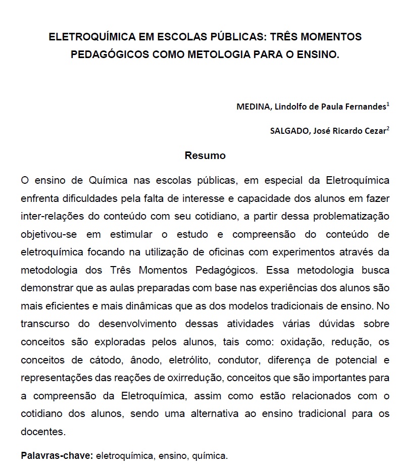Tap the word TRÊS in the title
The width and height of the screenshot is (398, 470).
[x=284, y=37]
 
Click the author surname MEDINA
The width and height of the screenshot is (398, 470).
[x=254, y=107]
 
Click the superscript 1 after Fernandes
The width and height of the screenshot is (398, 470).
[x=387, y=104]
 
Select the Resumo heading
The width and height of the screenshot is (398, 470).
[x=205, y=155]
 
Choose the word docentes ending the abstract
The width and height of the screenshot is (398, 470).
[x=43, y=432]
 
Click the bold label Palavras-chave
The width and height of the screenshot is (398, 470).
[x=57, y=455]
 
